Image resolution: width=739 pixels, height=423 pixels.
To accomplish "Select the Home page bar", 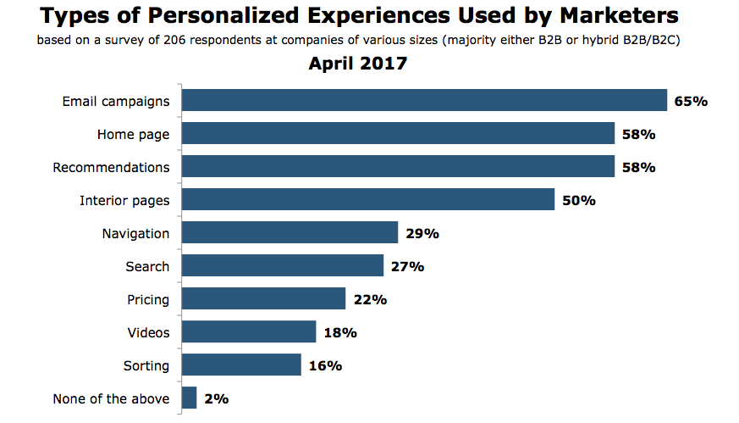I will tap(399, 134).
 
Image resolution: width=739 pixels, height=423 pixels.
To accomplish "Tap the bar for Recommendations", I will tap(399, 167).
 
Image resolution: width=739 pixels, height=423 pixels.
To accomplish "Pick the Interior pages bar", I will tap(368, 200).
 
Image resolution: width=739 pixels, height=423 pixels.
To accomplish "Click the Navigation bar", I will tap(290, 233).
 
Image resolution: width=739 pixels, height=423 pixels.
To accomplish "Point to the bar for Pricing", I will tap(264, 299).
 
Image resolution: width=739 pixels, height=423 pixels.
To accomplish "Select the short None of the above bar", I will tap(190, 398).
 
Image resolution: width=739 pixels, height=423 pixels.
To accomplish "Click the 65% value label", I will tap(690, 102).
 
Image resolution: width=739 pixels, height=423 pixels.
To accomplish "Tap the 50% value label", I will tap(579, 201).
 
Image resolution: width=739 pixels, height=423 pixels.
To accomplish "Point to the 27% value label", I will tap(406, 267).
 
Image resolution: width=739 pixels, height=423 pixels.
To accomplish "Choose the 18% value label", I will tap(339, 333).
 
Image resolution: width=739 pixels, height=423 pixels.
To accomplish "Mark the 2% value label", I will tap(216, 399).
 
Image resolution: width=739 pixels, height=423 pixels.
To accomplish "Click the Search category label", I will tap(147, 266).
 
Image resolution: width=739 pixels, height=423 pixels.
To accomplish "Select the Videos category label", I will tap(148, 332).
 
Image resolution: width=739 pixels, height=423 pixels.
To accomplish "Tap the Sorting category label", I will tap(146, 366).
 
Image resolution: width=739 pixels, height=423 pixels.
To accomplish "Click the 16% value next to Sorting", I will tap(324, 366).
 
